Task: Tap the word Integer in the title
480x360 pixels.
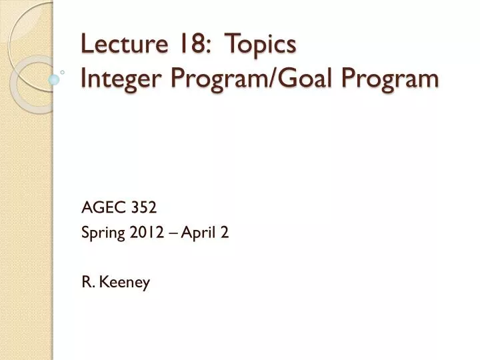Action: click(x=111, y=79)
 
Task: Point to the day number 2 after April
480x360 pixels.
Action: click(x=225, y=233)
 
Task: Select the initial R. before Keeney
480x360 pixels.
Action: click(x=87, y=283)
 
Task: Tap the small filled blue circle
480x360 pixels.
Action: click(x=54, y=80)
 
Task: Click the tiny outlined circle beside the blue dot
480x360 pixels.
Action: click(x=62, y=71)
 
